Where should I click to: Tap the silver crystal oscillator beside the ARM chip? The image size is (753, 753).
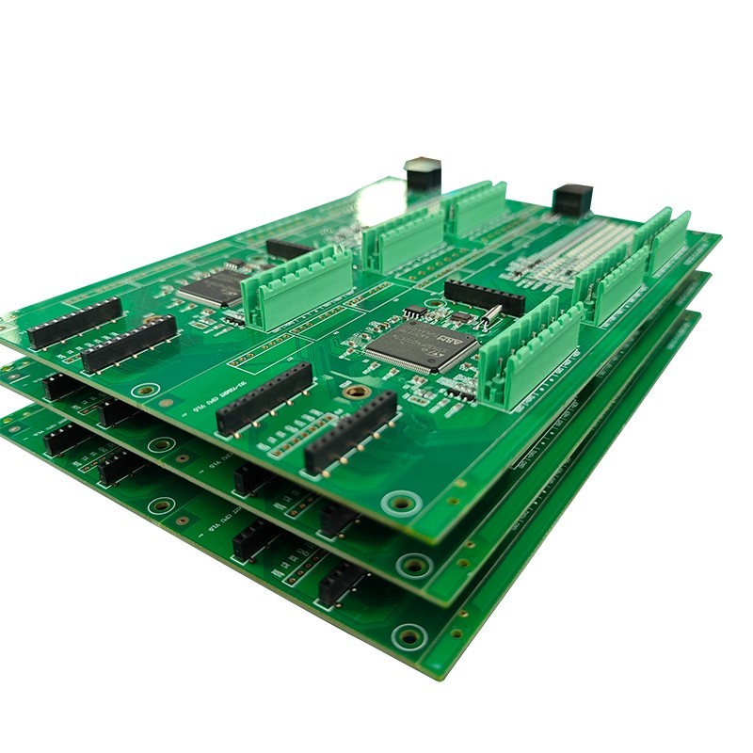(x=490, y=316)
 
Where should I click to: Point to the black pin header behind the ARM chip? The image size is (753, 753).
(x=484, y=296)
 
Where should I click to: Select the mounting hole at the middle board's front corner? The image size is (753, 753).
(x=413, y=565)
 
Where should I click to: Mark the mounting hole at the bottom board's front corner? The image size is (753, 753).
(x=409, y=636)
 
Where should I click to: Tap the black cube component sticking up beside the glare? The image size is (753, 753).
(x=423, y=174)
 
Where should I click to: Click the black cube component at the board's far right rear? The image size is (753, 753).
(x=572, y=200)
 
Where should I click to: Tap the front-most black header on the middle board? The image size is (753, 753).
(x=339, y=519)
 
